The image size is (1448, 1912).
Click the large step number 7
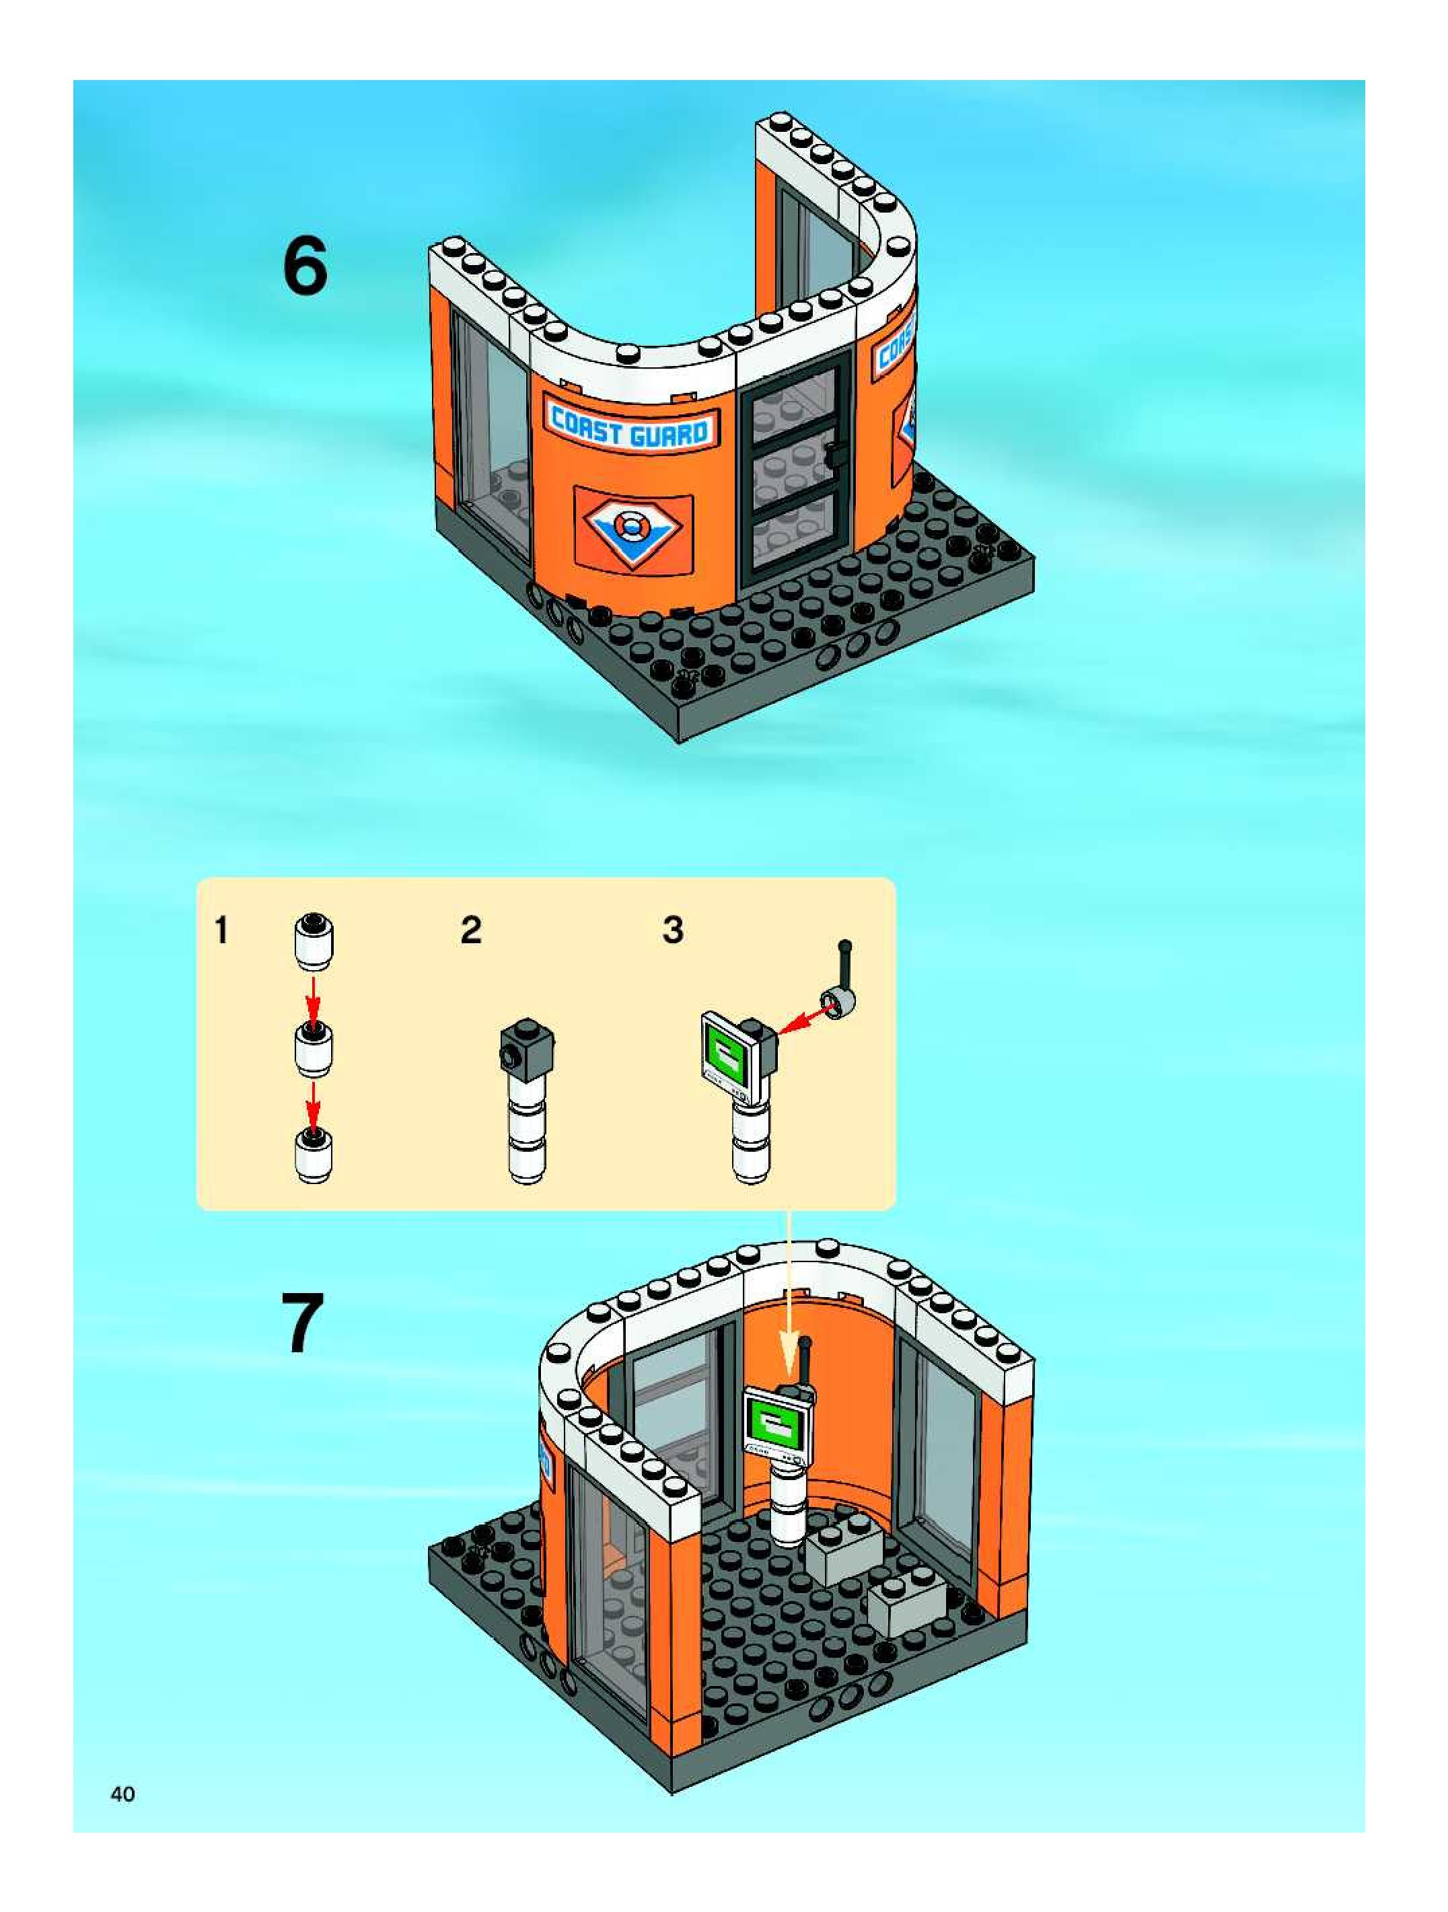(303, 1323)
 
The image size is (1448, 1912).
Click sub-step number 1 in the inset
(222, 931)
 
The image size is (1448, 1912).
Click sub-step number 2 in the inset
(470, 931)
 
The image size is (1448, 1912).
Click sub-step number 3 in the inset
(674, 931)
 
